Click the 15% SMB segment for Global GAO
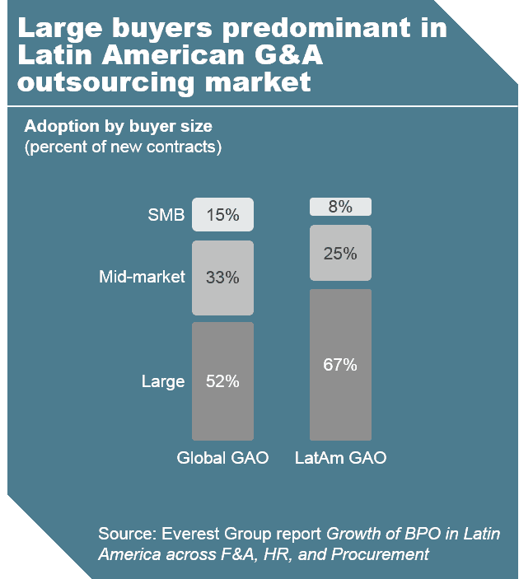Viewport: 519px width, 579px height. pyautogui.click(x=222, y=215)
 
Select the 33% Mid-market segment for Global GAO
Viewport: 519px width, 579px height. pyautogui.click(x=222, y=278)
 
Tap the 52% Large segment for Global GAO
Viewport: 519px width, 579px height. pyautogui.click(x=222, y=381)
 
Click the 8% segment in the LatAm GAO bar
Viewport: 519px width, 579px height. pyautogui.click(x=340, y=207)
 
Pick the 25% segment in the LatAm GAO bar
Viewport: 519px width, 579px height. pyautogui.click(x=340, y=253)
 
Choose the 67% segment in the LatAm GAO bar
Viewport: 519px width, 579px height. pyautogui.click(x=340, y=364)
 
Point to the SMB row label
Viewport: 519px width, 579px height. pyautogui.click(x=166, y=216)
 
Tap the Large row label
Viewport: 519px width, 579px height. pyautogui.click(x=162, y=381)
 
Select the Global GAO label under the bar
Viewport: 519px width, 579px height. pyautogui.click(x=222, y=458)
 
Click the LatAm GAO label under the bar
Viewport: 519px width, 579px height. pyautogui.click(x=340, y=458)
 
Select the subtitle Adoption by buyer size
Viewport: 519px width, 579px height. pyautogui.click(x=119, y=127)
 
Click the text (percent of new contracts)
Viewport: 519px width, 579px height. pyautogui.click(x=124, y=147)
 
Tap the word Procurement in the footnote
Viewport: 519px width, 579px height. pyautogui.click(x=380, y=554)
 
